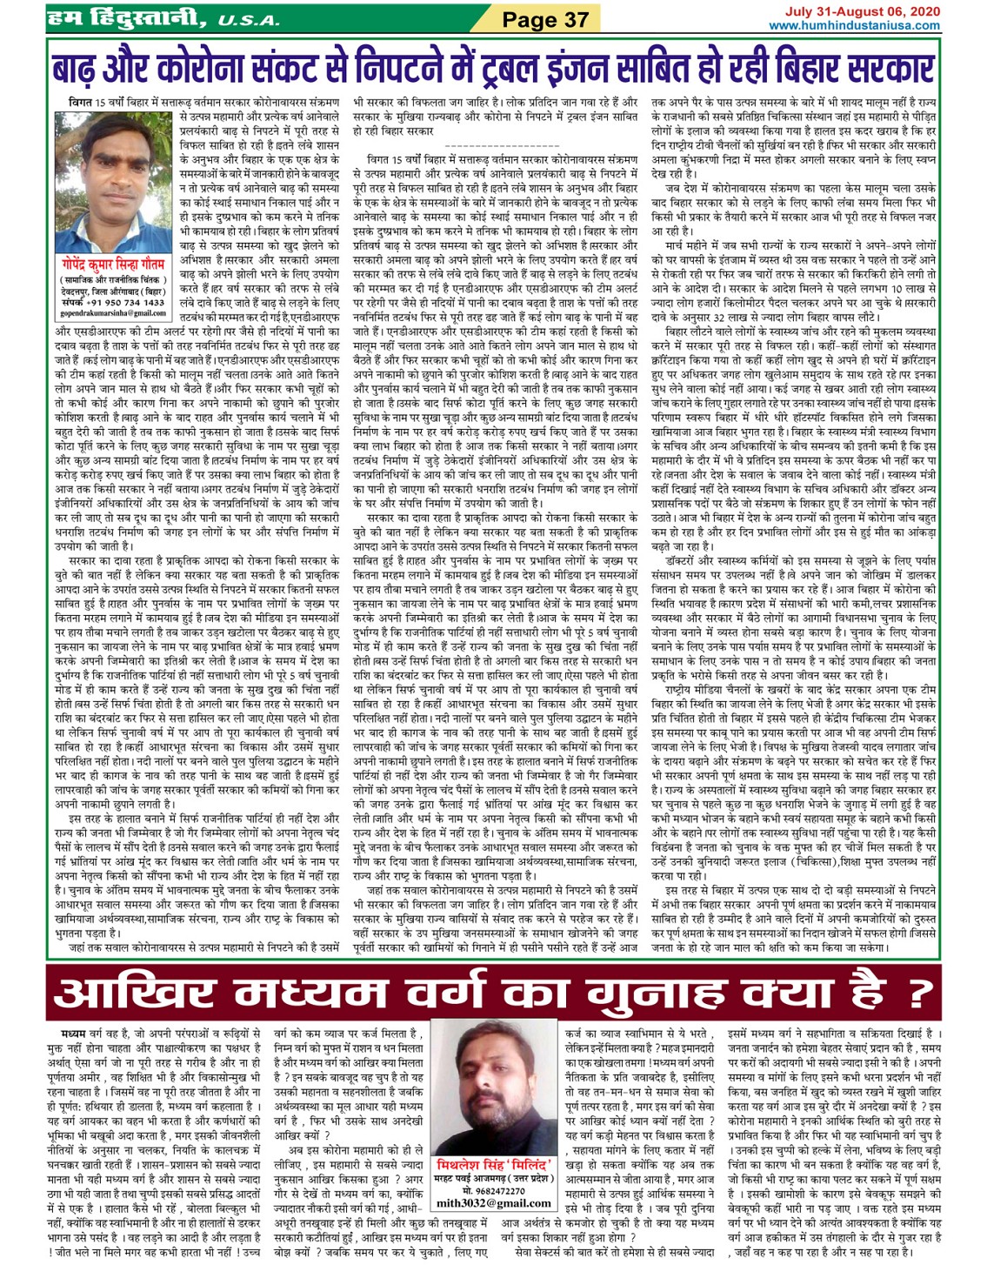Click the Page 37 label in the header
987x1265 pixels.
click(546, 18)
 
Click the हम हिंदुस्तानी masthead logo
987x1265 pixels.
click(127, 17)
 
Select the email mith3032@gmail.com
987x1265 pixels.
click(493, 1202)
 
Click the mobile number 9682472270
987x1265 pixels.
click(493, 1189)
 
